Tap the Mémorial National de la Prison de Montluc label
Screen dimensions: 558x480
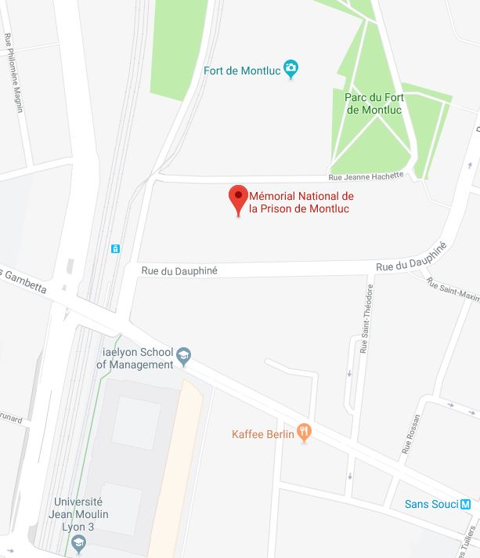point(301,202)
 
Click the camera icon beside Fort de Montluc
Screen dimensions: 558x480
point(292,70)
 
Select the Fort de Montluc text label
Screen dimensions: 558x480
point(241,70)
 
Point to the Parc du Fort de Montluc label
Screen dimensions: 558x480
point(373,103)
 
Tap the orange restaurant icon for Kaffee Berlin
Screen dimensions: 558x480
point(305,433)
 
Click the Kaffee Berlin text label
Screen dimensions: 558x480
point(263,434)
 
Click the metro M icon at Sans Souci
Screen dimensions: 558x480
point(466,504)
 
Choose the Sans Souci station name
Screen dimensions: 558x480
point(431,504)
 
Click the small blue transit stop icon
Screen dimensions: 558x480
point(116,248)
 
